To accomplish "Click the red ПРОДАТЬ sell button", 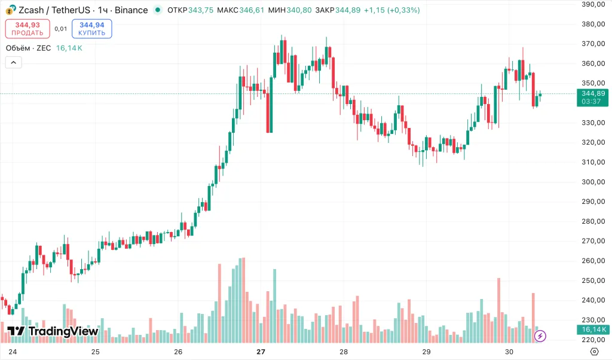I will coord(27,29).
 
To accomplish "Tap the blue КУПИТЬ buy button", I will coord(91,29).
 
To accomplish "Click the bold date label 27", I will coord(261,352).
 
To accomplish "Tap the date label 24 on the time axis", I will coord(13,352).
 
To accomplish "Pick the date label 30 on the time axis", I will coord(509,352).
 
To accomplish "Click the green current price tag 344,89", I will coord(592,93).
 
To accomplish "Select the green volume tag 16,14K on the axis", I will coord(592,330).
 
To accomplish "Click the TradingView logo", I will coord(53,331).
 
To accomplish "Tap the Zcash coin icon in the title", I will coord(11,10).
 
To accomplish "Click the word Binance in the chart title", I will coord(131,10).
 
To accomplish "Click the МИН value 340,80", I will coord(299,10).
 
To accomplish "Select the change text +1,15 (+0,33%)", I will coord(391,10).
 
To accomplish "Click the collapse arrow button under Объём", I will coord(13,62).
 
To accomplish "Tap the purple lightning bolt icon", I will coord(540,336).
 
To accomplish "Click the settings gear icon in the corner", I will coord(594,352).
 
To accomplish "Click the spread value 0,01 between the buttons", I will coord(60,29).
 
